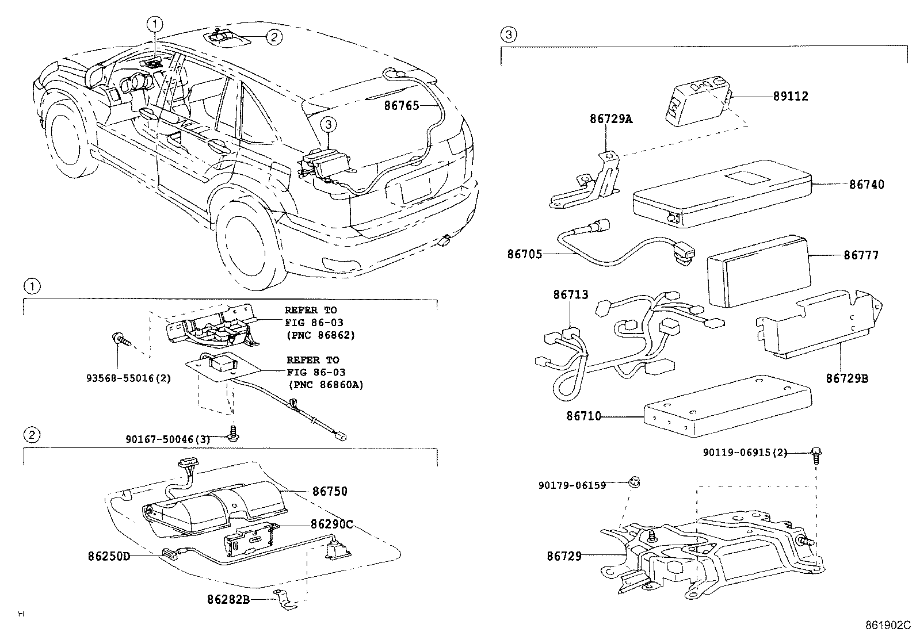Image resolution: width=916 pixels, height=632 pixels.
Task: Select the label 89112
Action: (791, 97)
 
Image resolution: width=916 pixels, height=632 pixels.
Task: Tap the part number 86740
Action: (867, 185)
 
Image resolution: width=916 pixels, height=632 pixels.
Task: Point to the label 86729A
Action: (610, 119)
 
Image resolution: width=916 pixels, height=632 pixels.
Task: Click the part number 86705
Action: (524, 254)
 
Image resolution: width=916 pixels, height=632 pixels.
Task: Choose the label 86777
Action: (861, 255)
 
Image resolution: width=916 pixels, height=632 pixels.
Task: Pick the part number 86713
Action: (571, 295)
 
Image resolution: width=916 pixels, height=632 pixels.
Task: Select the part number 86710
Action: (583, 415)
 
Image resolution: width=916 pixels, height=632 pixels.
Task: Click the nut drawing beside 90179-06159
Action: (636, 482)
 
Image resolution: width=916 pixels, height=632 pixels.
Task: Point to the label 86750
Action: (330, 492)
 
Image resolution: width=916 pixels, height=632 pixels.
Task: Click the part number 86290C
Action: (331, 524)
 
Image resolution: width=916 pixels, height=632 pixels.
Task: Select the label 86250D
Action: (109, 556)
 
